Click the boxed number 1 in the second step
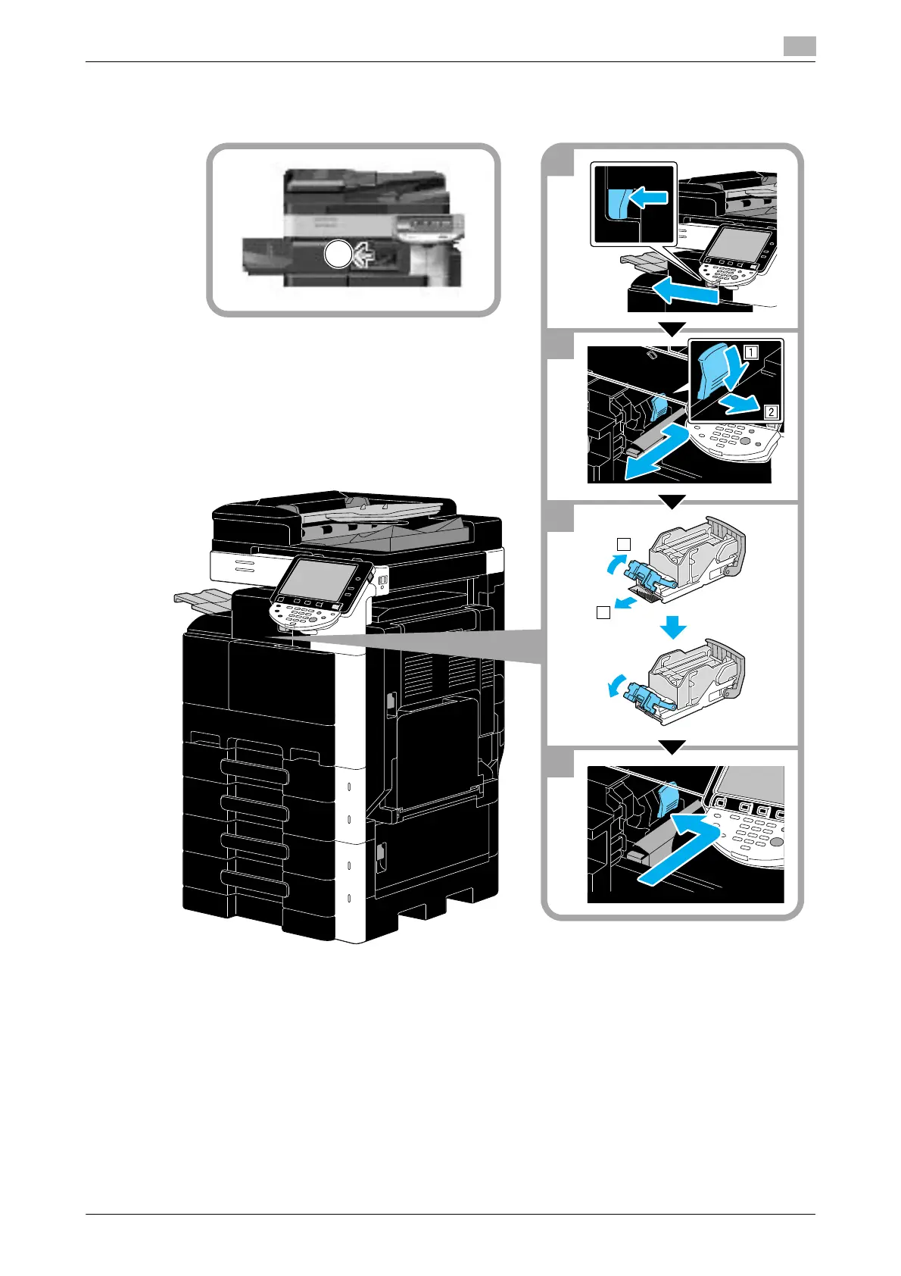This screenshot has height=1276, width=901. pos(750,352)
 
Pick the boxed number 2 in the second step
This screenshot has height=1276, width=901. pos(770,412)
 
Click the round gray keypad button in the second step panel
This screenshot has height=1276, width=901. pos(745,441)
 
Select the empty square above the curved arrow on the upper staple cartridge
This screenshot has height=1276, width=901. pos(622,543)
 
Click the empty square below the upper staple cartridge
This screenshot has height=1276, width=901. pos(603,613)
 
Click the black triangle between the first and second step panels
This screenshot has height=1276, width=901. pos(672,329)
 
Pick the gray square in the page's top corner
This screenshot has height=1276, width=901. pos(799,47)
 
